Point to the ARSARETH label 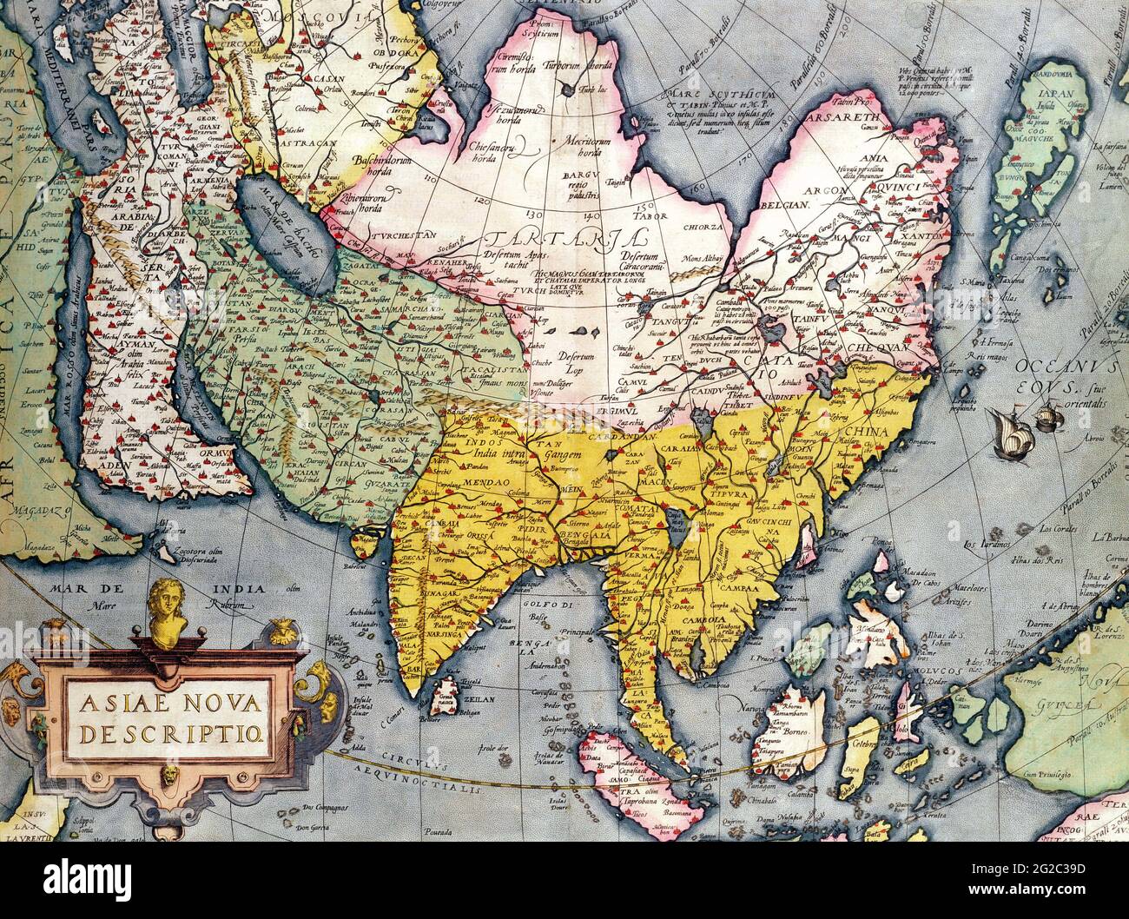point(842,116)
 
